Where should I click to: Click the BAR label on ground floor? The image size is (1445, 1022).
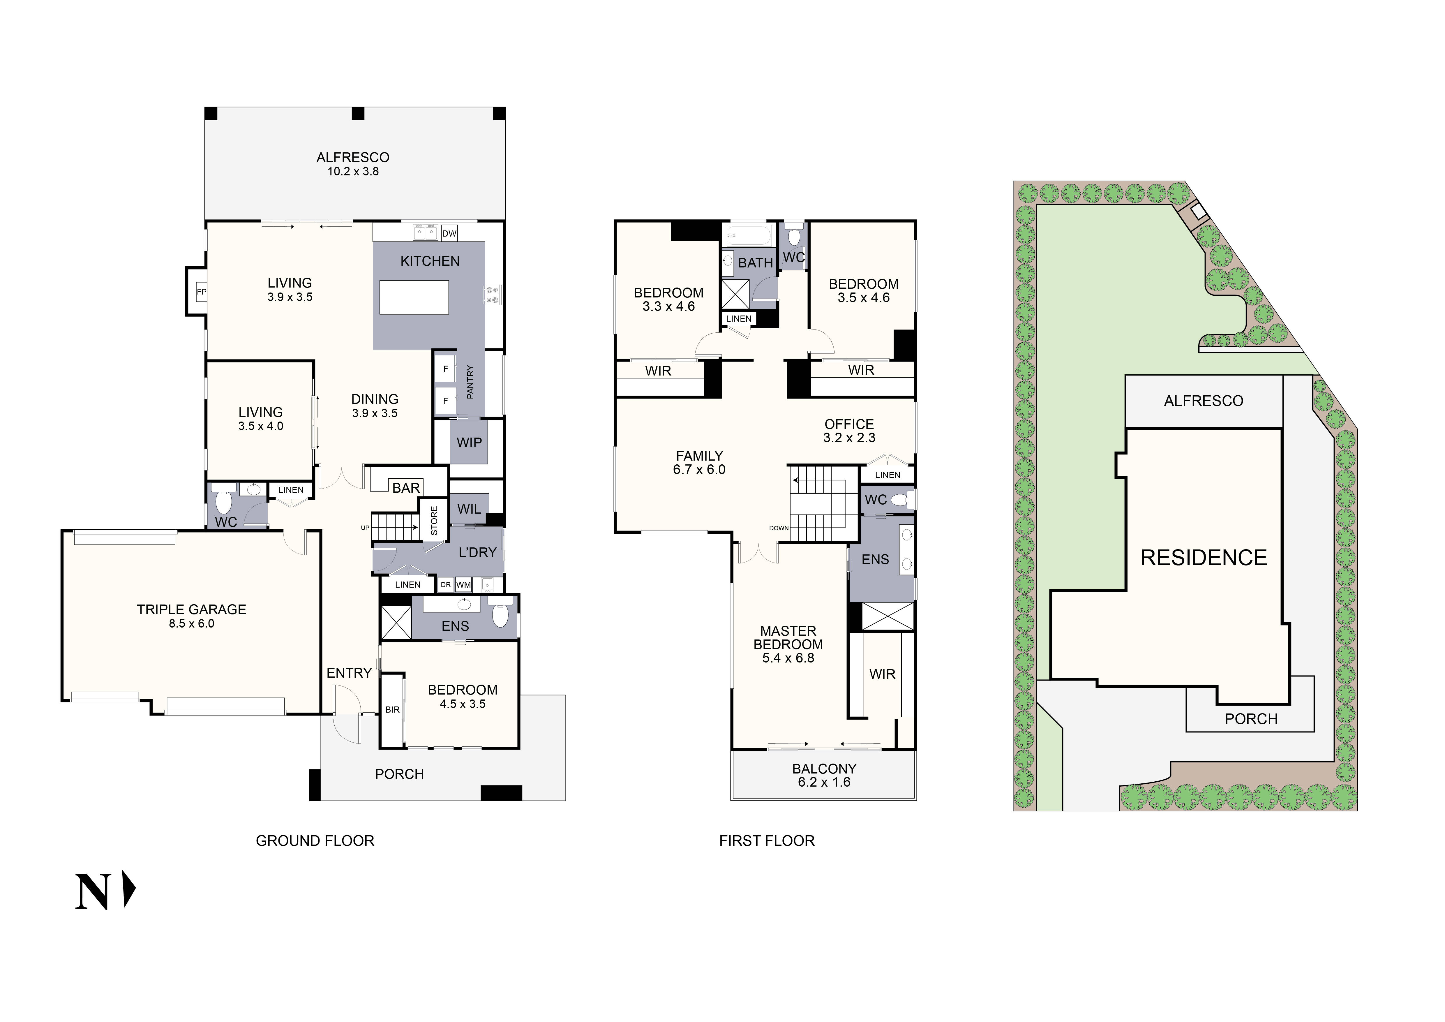click(406, 488)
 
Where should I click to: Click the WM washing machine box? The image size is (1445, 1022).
click(463, 585)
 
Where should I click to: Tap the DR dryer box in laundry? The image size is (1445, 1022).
click(446, 585)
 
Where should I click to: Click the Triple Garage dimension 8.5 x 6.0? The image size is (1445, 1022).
click(191, 624)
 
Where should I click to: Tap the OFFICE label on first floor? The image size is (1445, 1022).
click(849, 424)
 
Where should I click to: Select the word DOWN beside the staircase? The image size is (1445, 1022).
click(779, 528)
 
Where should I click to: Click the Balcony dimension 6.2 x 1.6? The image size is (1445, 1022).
click(824, 782)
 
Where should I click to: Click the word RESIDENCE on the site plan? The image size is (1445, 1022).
click(1203, 558)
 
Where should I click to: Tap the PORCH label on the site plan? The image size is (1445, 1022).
click(1250, 719)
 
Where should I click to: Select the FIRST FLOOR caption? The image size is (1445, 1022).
click(767, 841)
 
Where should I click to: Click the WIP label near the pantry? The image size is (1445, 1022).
click(469, 443)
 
